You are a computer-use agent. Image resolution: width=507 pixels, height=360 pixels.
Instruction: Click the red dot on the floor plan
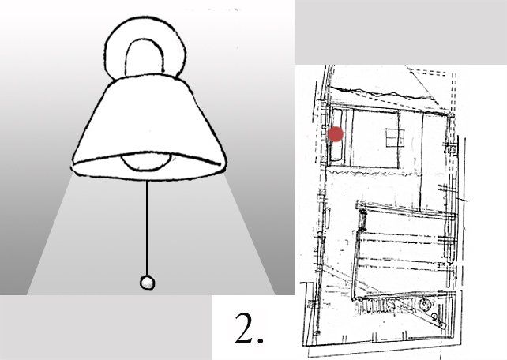[x=336, y=134]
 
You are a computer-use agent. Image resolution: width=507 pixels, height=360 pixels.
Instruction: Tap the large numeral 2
[x=245, y=328]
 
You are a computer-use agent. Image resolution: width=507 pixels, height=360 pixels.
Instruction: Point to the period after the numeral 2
[x=260, y=340]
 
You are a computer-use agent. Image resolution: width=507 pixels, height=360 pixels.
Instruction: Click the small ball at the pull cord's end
[x=147, y=283]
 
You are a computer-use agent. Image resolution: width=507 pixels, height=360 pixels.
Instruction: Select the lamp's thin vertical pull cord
[x=147, y=228]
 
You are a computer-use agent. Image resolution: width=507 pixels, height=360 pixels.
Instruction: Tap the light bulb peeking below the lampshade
[x=145, y=163]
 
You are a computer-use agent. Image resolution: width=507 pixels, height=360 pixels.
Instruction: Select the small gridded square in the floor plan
[x=395, y=137]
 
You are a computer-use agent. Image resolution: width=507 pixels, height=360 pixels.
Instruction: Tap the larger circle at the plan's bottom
[x=423, y=303]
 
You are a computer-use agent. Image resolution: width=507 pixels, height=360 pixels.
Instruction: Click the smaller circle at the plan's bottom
[x=434, y=316]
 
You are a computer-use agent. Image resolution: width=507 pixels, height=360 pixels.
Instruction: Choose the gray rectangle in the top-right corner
[x=401, y=32]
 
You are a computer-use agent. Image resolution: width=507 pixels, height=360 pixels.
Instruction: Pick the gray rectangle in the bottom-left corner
[x=106, y=328]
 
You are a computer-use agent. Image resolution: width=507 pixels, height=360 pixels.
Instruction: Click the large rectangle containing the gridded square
[x=375, y=138]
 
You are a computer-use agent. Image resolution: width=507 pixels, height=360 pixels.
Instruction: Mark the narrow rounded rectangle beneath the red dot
[x=336, y=135]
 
